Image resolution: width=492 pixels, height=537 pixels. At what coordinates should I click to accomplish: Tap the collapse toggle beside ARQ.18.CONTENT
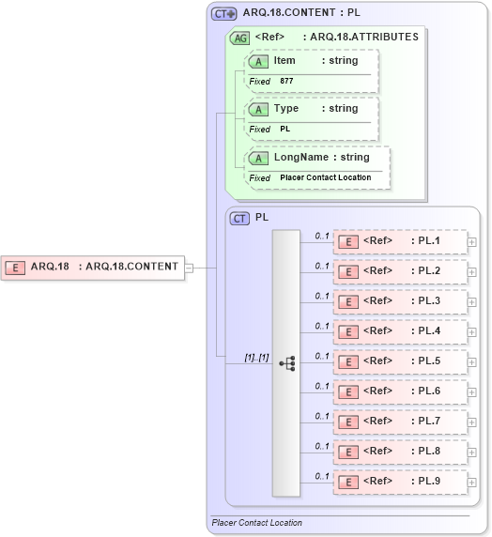point(189,267)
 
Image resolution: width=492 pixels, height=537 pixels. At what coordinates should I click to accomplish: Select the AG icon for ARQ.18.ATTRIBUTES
point(239,38)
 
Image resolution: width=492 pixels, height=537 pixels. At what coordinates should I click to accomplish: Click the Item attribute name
point(284,60)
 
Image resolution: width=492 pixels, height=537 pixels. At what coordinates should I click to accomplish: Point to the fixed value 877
point(286,82)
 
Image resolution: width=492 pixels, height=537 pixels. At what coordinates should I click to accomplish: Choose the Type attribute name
point(286,108)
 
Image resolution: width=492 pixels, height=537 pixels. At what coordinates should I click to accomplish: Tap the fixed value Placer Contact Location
point(325,177)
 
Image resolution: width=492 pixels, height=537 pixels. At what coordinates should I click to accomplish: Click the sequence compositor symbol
point(286,361)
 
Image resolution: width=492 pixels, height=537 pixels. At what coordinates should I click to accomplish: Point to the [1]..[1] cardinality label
point(256,358)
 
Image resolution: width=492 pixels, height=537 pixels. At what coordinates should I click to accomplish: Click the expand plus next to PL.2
point(471,272)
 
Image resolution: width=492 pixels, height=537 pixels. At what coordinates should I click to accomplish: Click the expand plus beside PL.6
point(471,392)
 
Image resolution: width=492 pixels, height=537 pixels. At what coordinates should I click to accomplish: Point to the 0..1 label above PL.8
point(322,446)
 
